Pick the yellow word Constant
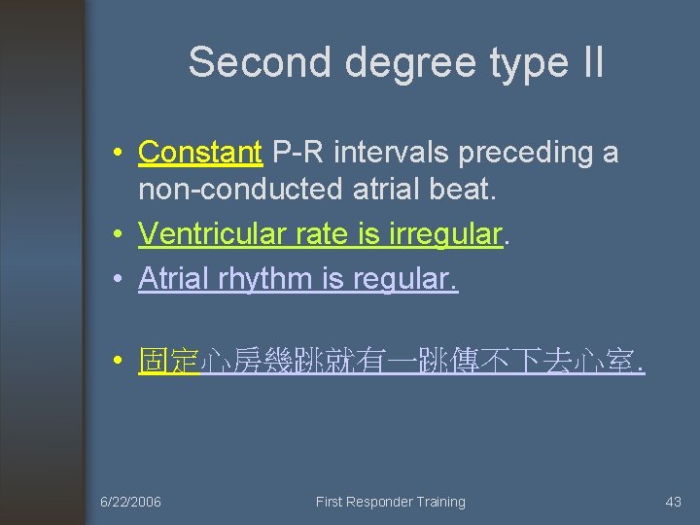click(200, 153)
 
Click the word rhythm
click(263, 280)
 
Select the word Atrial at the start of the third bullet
click(172, 279)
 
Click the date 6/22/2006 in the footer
click(131, 502)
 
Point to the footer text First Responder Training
click(390, 502)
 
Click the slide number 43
click(673, 502)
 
